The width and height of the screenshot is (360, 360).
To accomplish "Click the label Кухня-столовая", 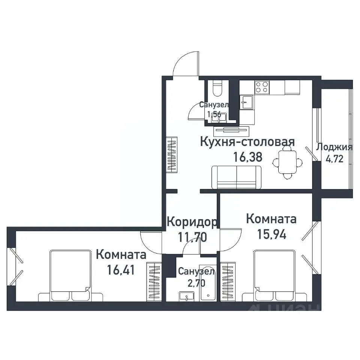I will pos(247,142).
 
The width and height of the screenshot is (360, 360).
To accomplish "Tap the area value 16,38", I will pos(247,156).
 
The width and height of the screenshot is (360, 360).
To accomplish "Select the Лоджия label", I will pos(334,147).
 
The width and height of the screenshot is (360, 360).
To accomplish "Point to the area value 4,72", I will pos(334,159).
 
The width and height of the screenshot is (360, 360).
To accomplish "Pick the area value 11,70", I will pos(192,237).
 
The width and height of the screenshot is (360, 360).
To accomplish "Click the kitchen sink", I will pos(246,101).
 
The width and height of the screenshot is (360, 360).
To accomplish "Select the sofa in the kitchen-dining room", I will pos(236,177).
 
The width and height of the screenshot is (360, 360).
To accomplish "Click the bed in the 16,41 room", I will pos(71,276).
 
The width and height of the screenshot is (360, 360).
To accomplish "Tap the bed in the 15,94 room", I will pos(274,276).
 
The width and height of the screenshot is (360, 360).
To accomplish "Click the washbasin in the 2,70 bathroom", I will pos(186,297).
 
